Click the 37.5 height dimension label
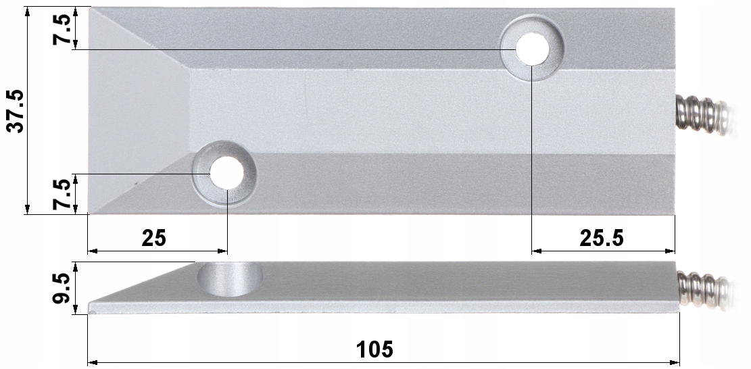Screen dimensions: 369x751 click(15, 111)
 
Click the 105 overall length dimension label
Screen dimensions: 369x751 click(375, 349)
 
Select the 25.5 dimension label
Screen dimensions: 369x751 click(602, 238)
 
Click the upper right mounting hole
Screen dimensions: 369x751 click(533, 49)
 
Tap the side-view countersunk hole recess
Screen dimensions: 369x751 click(230, 278)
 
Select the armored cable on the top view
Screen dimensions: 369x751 click(703, 116)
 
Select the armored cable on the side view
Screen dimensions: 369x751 click(703, 287)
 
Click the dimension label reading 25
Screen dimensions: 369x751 click(154, 238)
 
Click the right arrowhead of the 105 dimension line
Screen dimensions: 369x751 click(675, 363)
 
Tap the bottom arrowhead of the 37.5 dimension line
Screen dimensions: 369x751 click(28, 210)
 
